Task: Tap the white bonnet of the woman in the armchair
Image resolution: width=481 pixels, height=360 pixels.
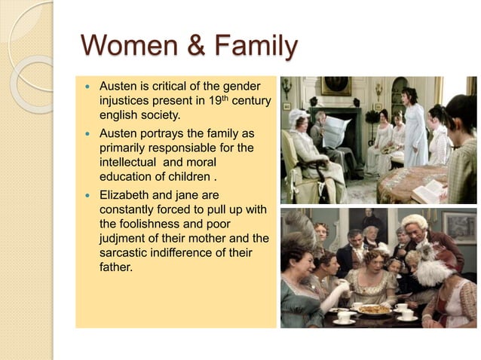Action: point(299,117)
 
